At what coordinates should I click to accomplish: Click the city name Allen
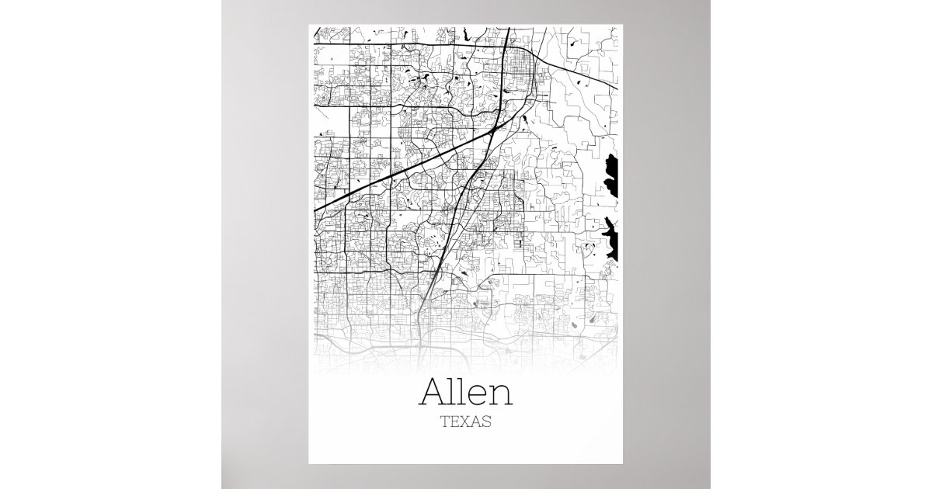tap(466, 393)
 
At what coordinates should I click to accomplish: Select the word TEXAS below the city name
tap(466, 423)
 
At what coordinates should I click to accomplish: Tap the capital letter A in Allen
tap(432, 393)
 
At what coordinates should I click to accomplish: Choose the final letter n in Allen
tap(500, 396)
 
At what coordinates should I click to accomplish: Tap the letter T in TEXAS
tap(444, 423)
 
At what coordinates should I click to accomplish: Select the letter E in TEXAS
tap(454, 423)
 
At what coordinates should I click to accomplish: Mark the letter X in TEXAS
tap(465, 423)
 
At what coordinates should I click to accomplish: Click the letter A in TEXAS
tap(476, 423)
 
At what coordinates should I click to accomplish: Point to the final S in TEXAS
tap(487, 423)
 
